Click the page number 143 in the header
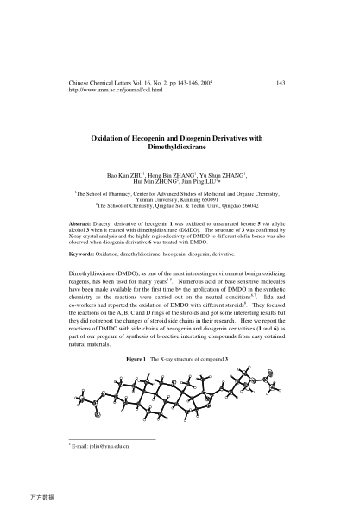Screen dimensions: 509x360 [280, 82]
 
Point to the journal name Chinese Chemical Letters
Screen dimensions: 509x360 [100, 82]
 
